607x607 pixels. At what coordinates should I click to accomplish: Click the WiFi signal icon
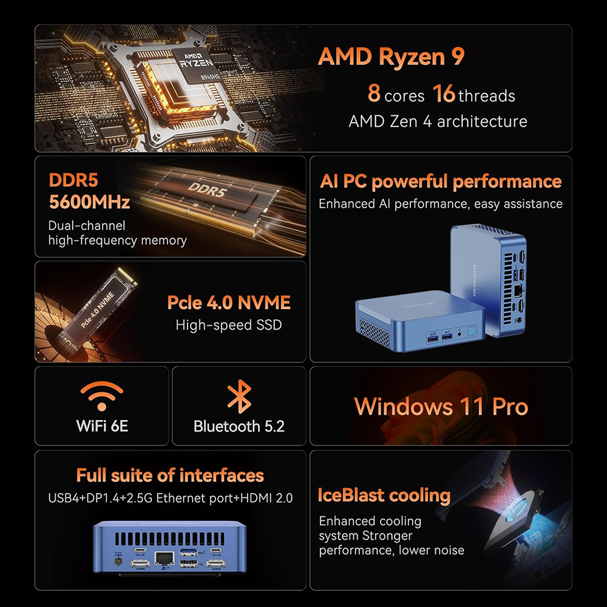click(x=102, y=396)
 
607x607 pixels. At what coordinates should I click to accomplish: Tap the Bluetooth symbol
click(x=239, y=396)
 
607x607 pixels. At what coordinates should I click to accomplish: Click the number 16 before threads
click(x=444, y=93)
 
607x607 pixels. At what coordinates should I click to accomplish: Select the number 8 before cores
click(x=374, y=93)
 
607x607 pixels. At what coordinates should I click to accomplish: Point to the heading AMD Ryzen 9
click(x=391, y=56)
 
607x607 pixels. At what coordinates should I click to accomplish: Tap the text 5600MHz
click(x=89, y=202)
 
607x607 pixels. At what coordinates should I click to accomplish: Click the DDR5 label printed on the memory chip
click(x=207, y=189)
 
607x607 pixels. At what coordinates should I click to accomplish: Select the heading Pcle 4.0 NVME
click(x=229, y=303)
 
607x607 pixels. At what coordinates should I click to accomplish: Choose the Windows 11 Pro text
click(x=441, y=407)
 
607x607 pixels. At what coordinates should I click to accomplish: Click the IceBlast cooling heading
click(x=384, y=495)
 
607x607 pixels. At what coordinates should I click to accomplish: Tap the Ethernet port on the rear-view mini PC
click(x=164, y=558)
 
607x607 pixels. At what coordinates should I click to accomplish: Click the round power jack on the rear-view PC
click(x=118, y=560)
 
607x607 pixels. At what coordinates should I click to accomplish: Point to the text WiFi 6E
click(x=102, y=426)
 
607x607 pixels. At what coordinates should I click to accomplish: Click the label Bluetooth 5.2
click(x=239, y=427)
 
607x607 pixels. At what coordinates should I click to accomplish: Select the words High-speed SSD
click(x=229, y=325)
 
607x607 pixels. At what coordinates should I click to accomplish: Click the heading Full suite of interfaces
click(x=170, y=475)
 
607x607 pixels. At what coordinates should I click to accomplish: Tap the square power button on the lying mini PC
click(x=472, y=332)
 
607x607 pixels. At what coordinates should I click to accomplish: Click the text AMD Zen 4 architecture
click(x=438, y=121)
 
